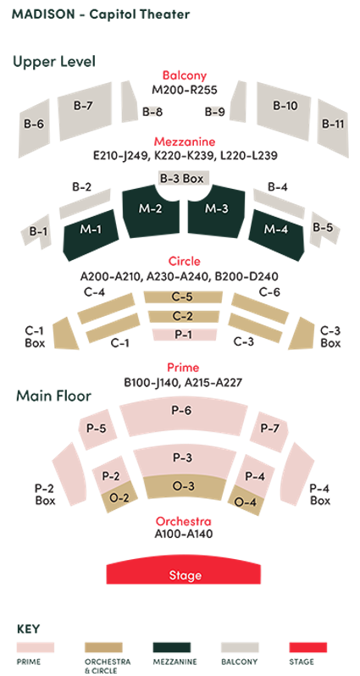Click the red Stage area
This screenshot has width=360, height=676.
pos(185,573)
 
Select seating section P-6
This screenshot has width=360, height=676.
pos(181,411)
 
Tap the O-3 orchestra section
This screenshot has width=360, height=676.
pos(183,486)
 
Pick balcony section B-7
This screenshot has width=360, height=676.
pos(82,107)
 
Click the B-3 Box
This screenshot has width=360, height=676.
pos(181,179)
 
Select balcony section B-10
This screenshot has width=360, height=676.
pos(285,107)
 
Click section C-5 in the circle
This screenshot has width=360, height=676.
pos(182,296)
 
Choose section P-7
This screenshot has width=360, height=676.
pos(269,428)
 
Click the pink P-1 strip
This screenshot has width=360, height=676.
pos(182,335)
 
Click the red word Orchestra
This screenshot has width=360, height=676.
pos(184,521)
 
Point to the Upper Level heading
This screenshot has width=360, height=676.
pos(53,61)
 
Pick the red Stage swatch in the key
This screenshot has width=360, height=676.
pos(307,647)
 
